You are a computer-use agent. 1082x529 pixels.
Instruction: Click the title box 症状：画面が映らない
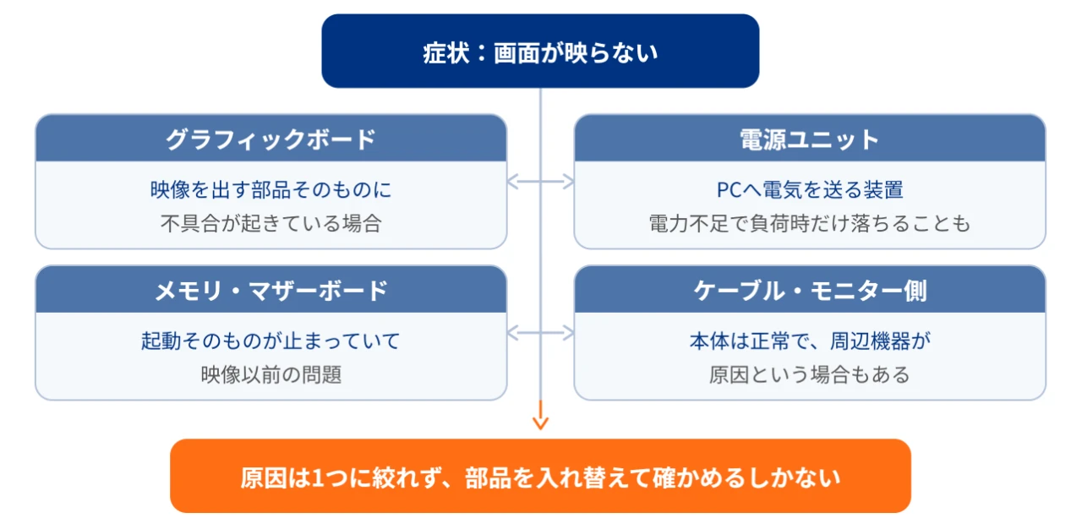(540, 51)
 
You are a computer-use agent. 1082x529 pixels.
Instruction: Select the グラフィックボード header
(271, 138)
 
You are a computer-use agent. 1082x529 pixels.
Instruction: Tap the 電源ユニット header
(810, 138)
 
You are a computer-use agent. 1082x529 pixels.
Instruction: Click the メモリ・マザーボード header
(271, 289)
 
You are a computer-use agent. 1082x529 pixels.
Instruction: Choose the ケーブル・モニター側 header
(810, 289)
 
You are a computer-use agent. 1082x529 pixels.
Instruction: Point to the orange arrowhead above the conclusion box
(540, 423)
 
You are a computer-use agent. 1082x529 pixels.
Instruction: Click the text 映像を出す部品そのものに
(271, 189)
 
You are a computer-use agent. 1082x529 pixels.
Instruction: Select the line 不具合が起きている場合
(271, 223)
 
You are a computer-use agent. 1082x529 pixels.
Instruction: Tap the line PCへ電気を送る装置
(810, 189)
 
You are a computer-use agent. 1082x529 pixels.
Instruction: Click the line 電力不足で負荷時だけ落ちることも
(810, 223)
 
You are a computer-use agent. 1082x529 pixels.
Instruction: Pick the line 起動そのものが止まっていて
(271, 341)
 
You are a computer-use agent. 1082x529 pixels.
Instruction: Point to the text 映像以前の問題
(271, 374)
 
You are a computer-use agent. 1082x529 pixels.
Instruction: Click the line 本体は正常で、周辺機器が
(810, 341)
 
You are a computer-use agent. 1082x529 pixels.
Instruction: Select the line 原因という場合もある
(810, 374)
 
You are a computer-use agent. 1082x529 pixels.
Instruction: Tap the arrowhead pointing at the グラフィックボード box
(512, 182)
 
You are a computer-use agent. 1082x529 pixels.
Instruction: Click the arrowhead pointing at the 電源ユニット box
(569, 182)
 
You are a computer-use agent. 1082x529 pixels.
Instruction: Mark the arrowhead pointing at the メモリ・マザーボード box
(512, 333)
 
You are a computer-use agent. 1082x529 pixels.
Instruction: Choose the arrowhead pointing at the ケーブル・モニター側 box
(569, 333)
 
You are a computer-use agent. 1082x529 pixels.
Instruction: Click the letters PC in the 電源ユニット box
(729, 189)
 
